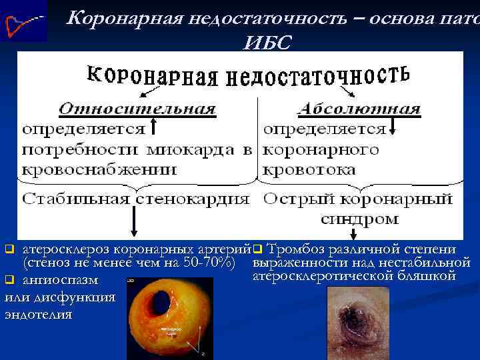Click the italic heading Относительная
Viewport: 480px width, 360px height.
[x=137, y=109]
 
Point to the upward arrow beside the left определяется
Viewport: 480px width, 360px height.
[x=153, y=127]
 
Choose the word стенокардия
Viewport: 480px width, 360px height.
[x=193, y=198]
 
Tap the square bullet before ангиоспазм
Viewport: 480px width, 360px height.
[x=9, y=279]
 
